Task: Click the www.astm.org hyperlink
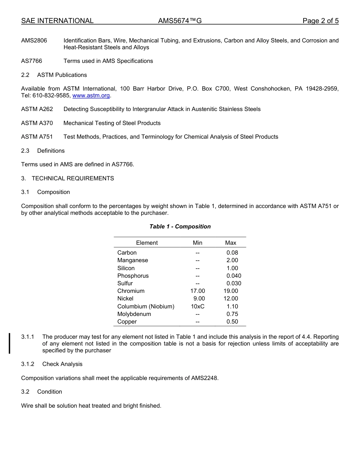tap(91, 95)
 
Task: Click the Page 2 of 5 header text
tap(320, 21)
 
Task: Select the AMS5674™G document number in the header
tap(180, 21)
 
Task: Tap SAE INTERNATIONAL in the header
tap(57, 21)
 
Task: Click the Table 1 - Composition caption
tap(180, 227)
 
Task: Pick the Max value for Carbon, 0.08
tap(232, 253)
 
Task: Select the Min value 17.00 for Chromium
tap(197, 291)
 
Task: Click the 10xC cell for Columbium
tap(197, 306)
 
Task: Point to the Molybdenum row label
tap(134, 314)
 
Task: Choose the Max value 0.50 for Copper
tap(232, 322)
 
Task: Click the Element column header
tap(147, 243)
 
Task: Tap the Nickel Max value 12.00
tap(231, 299)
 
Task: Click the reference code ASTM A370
tap(37, 123)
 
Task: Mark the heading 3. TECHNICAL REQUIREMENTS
tap(67, 178)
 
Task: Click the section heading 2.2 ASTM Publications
tap(54, 75)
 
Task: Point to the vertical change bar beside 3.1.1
tap(9, 343)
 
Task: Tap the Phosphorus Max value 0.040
tap(233, 276)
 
